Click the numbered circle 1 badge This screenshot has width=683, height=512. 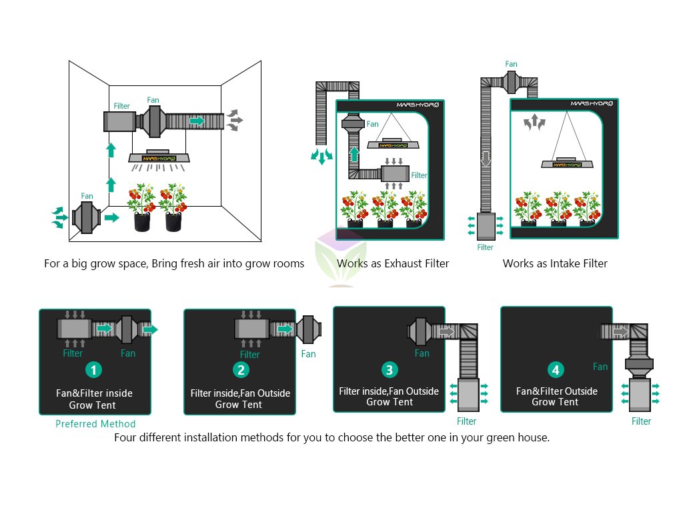tap(93, 370)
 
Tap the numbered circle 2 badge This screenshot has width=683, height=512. tap(241, 370)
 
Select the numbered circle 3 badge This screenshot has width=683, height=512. tap(390, 370)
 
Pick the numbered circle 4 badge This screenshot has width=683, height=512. tap(556, 370)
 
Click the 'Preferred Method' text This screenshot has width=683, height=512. tap(95, 423)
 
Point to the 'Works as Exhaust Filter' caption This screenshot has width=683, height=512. tap(393, 263)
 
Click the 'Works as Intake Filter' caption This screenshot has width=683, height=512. tap(555, 263)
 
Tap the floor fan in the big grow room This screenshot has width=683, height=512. tap(86, 217)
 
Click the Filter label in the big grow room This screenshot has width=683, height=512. tap(121, 106)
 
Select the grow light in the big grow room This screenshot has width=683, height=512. tap(159, 157)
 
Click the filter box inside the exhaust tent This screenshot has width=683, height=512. tap(395, 173)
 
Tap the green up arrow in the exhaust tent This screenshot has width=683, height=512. tap(355, 154)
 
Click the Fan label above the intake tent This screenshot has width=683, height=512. tap(511, 64)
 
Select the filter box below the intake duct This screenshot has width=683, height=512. tap(486, 227)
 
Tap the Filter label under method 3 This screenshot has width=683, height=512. tap(466, 421)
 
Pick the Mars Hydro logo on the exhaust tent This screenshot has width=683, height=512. tap(418, 105)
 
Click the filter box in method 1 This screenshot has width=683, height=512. tap(75, 329)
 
